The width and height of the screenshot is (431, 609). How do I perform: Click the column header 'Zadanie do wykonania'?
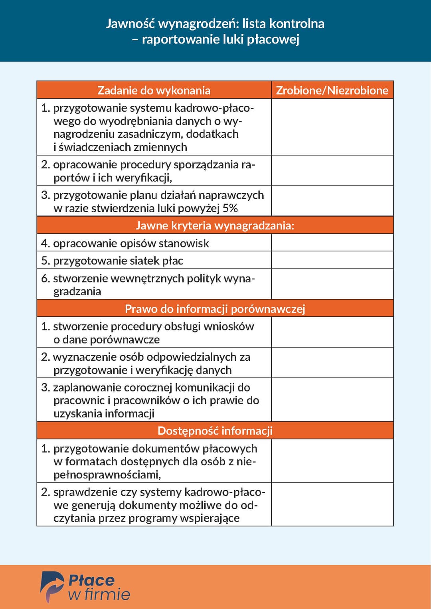pyautogui.click(x=154, y=90)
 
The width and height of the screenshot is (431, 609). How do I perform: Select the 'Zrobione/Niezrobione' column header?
pyautogui.click(x=332, y=90)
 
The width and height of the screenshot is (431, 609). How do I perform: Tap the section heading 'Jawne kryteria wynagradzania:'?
pyautogui.click(x=215, y=225)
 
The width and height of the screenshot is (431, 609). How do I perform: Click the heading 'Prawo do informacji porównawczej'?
pyautogui.click(x=215, y=309)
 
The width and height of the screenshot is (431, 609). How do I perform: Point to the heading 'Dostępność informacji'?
pyautogui.click(x=215, y=431)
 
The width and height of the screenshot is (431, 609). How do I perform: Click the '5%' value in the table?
pyautogui.click(x=230, y=208)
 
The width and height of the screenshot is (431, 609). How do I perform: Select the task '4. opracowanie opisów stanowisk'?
pyautogui.click(x=125, y=243)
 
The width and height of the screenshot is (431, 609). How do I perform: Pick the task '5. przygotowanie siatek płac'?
pyautogui.click(x=112, y=261)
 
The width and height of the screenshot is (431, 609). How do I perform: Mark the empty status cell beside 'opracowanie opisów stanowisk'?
pyautogui.click(x=332, y=243)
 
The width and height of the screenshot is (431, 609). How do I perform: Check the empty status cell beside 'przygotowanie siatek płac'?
pyautogui.click(x=332, y=260)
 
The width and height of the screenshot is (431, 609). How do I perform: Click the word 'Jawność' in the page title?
pyautogui.click(x=130, y=24)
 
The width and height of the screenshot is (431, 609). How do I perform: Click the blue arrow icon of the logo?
pyautogui.click(x=52, y=586)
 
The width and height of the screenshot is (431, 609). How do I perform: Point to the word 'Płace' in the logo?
pyautogui.click(x=91, y=580)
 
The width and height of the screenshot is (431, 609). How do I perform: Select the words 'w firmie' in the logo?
pyautogui.click(x=99, y=595)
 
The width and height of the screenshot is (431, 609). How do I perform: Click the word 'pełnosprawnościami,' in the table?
pyautogui.click(x=107, y=475)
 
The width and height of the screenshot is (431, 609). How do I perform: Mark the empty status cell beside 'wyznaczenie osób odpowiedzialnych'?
pyautogui.click(x=332, y=363)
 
